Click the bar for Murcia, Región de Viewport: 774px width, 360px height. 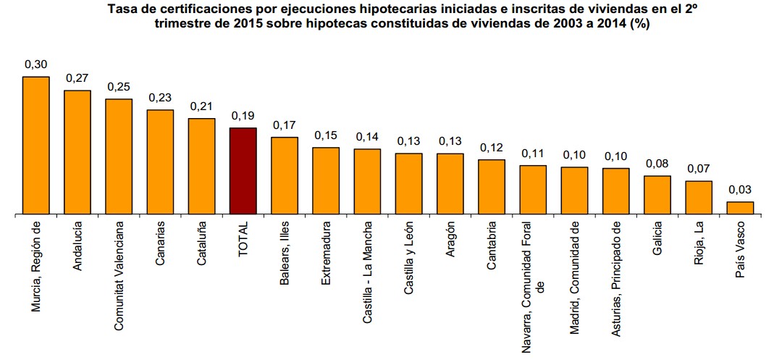click(x=35, y=146)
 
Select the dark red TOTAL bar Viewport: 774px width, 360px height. click(x=243, y=171)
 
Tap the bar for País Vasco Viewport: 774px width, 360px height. click(x=740, y=208)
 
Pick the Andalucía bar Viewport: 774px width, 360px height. click(x=77, y=153)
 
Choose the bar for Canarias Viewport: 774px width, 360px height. click(x=160, y=162)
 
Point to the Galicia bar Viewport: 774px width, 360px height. click(x=657, y=195)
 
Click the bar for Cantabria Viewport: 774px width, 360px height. click(x=492, y=187)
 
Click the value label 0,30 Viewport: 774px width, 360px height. click(x=35, y=64)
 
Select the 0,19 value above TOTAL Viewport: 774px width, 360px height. click(x=243, y=116)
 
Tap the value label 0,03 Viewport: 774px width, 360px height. click(x=740, y=190)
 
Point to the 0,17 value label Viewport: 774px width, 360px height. click(x=285, y=125)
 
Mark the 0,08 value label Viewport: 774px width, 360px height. click(x=657, y=164)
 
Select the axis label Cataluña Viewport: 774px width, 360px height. click(x=201, y=247)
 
